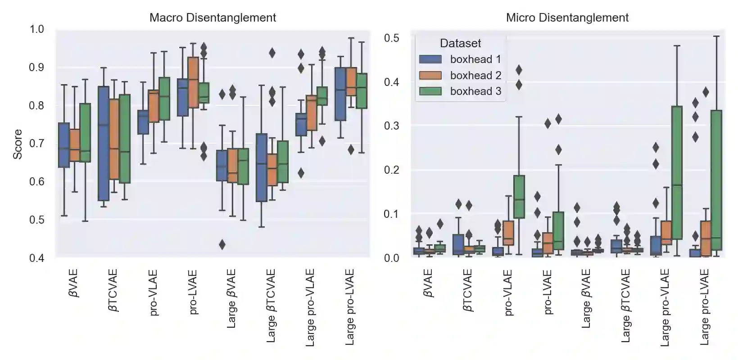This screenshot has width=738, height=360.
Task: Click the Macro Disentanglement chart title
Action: [x=213, y=18]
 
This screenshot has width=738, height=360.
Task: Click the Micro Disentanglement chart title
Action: [x=567, y=18]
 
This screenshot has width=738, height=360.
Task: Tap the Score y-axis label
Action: [x=18, y=144]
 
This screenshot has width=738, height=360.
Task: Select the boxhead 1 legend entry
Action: [x=475, y=59]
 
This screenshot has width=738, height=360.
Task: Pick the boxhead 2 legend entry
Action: [x=475, y=76]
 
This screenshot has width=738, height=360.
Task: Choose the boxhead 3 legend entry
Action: [x=475, y=91]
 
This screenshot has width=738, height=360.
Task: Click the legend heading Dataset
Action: [x=460, y=43]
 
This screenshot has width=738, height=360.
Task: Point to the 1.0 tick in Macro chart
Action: [x=37, y=29]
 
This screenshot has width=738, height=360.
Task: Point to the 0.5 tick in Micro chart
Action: [x=391, y=38]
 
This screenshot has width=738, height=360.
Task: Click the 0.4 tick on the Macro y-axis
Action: [x=37, y=258]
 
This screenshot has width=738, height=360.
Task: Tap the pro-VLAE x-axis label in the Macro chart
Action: [x=153, y=292]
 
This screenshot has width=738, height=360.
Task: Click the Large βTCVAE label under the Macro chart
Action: [x=272, y=306]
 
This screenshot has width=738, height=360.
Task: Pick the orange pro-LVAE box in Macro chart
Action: [x=193, y=82]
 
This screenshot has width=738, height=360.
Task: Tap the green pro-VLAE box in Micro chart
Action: [x=519, y=197]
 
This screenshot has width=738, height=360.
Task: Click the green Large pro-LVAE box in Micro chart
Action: [x=716, y=180]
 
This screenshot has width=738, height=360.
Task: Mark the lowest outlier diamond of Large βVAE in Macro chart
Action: [x=222, y=245]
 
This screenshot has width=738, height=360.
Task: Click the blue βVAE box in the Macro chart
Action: [x=64, y=145]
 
